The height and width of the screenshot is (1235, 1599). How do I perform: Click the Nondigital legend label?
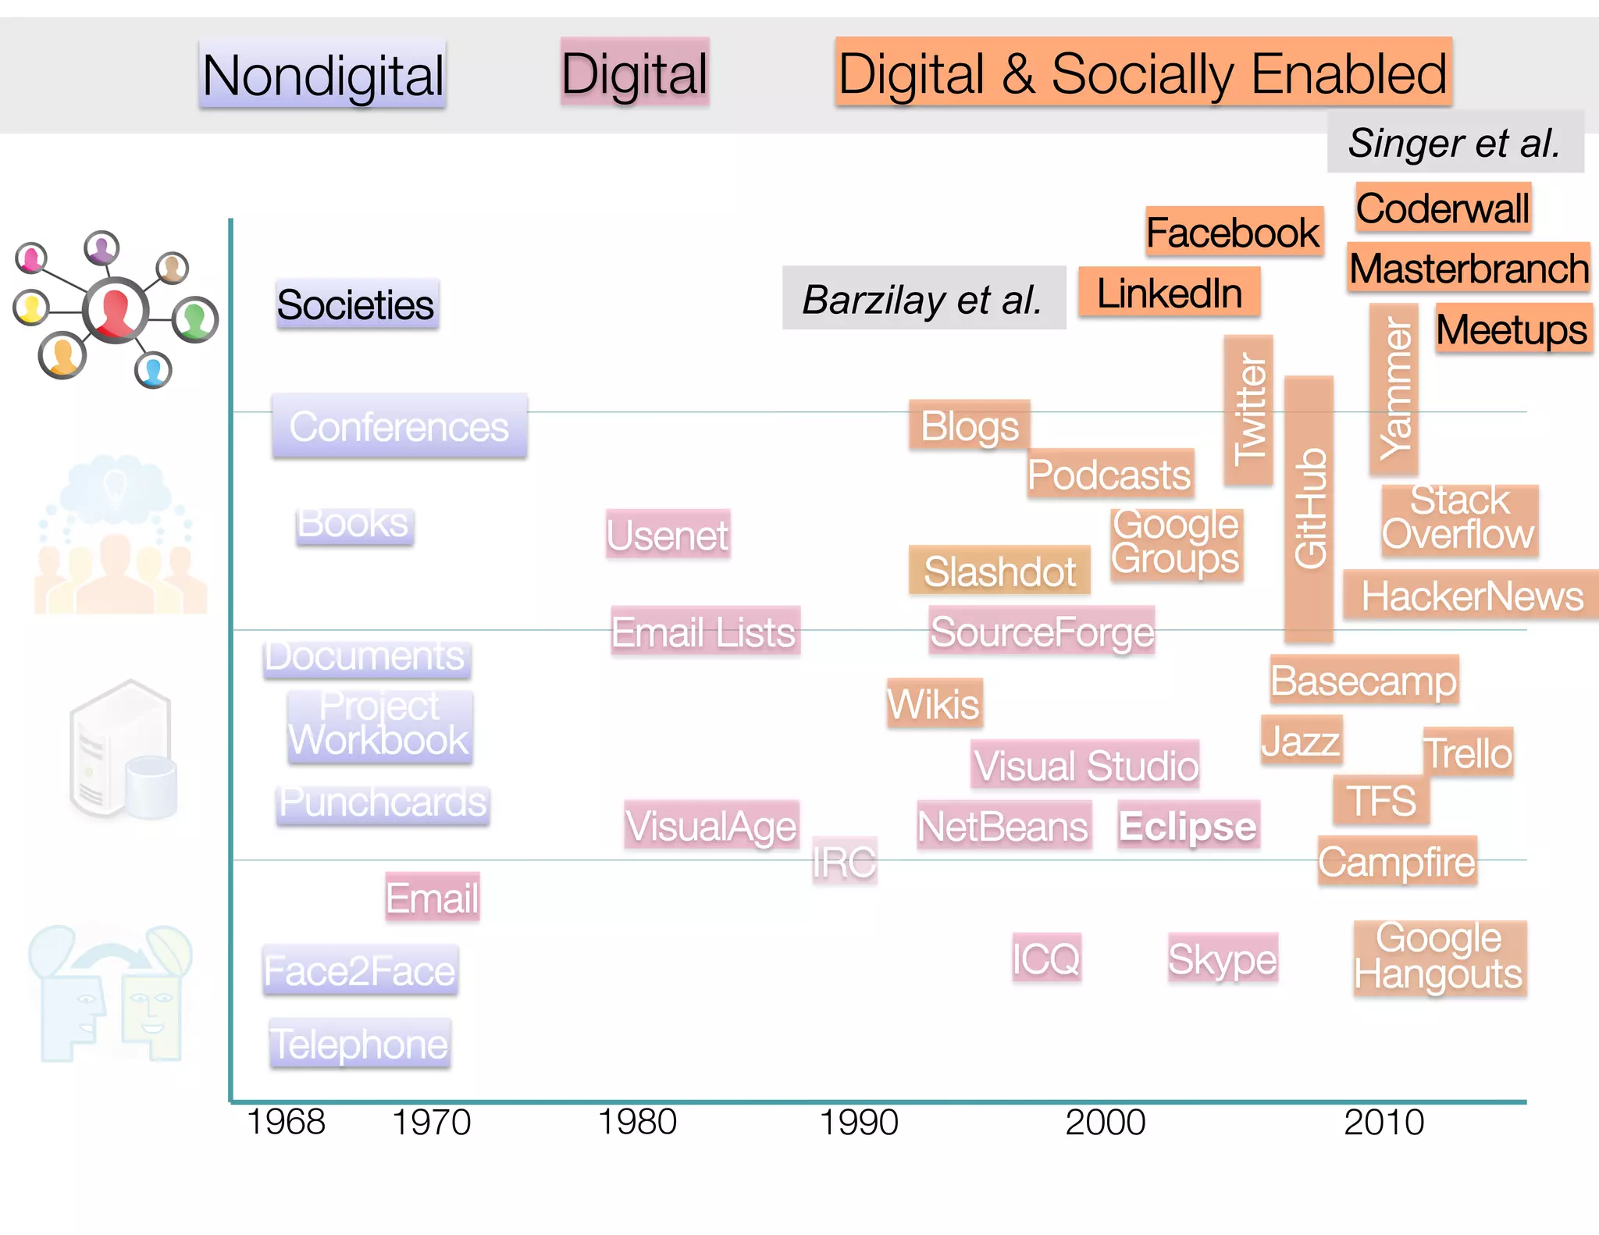(x=322, y=75)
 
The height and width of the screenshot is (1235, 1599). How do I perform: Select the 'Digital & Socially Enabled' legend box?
(x=1142, y=73)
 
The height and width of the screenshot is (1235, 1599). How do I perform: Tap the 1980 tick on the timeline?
(x=637, y=1122)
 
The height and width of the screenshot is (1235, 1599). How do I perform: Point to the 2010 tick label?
(x=1384, y=1122)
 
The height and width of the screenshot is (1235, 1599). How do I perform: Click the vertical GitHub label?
(x=1309, y=508)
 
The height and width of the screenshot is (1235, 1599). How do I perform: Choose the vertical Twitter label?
(x=1248, y=410)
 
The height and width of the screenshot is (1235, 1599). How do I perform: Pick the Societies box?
(x=356, y=304)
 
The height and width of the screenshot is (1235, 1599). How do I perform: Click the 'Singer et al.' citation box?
(x=1455, y=142)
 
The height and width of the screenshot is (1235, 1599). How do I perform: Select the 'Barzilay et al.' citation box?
(x=924, y=299)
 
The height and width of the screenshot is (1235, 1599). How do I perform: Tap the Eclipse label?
(x=1188, y=825)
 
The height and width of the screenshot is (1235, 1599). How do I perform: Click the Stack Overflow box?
(x=1459, y=518)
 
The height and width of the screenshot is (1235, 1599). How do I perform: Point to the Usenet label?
(x=668, y=535)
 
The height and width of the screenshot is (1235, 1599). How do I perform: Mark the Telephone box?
(x=359, y=1043)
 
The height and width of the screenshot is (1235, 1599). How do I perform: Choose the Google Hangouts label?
(x=1439, y=957)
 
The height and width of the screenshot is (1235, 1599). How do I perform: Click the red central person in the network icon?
(x=116, y=310)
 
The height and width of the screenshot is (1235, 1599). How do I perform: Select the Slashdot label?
(x=999, y=571)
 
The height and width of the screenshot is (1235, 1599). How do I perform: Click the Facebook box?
(x=1234, y=232)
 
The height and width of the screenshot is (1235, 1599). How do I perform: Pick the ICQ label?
(x=1046, y=958)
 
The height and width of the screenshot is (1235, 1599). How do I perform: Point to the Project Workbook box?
(x=379, y=724)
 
